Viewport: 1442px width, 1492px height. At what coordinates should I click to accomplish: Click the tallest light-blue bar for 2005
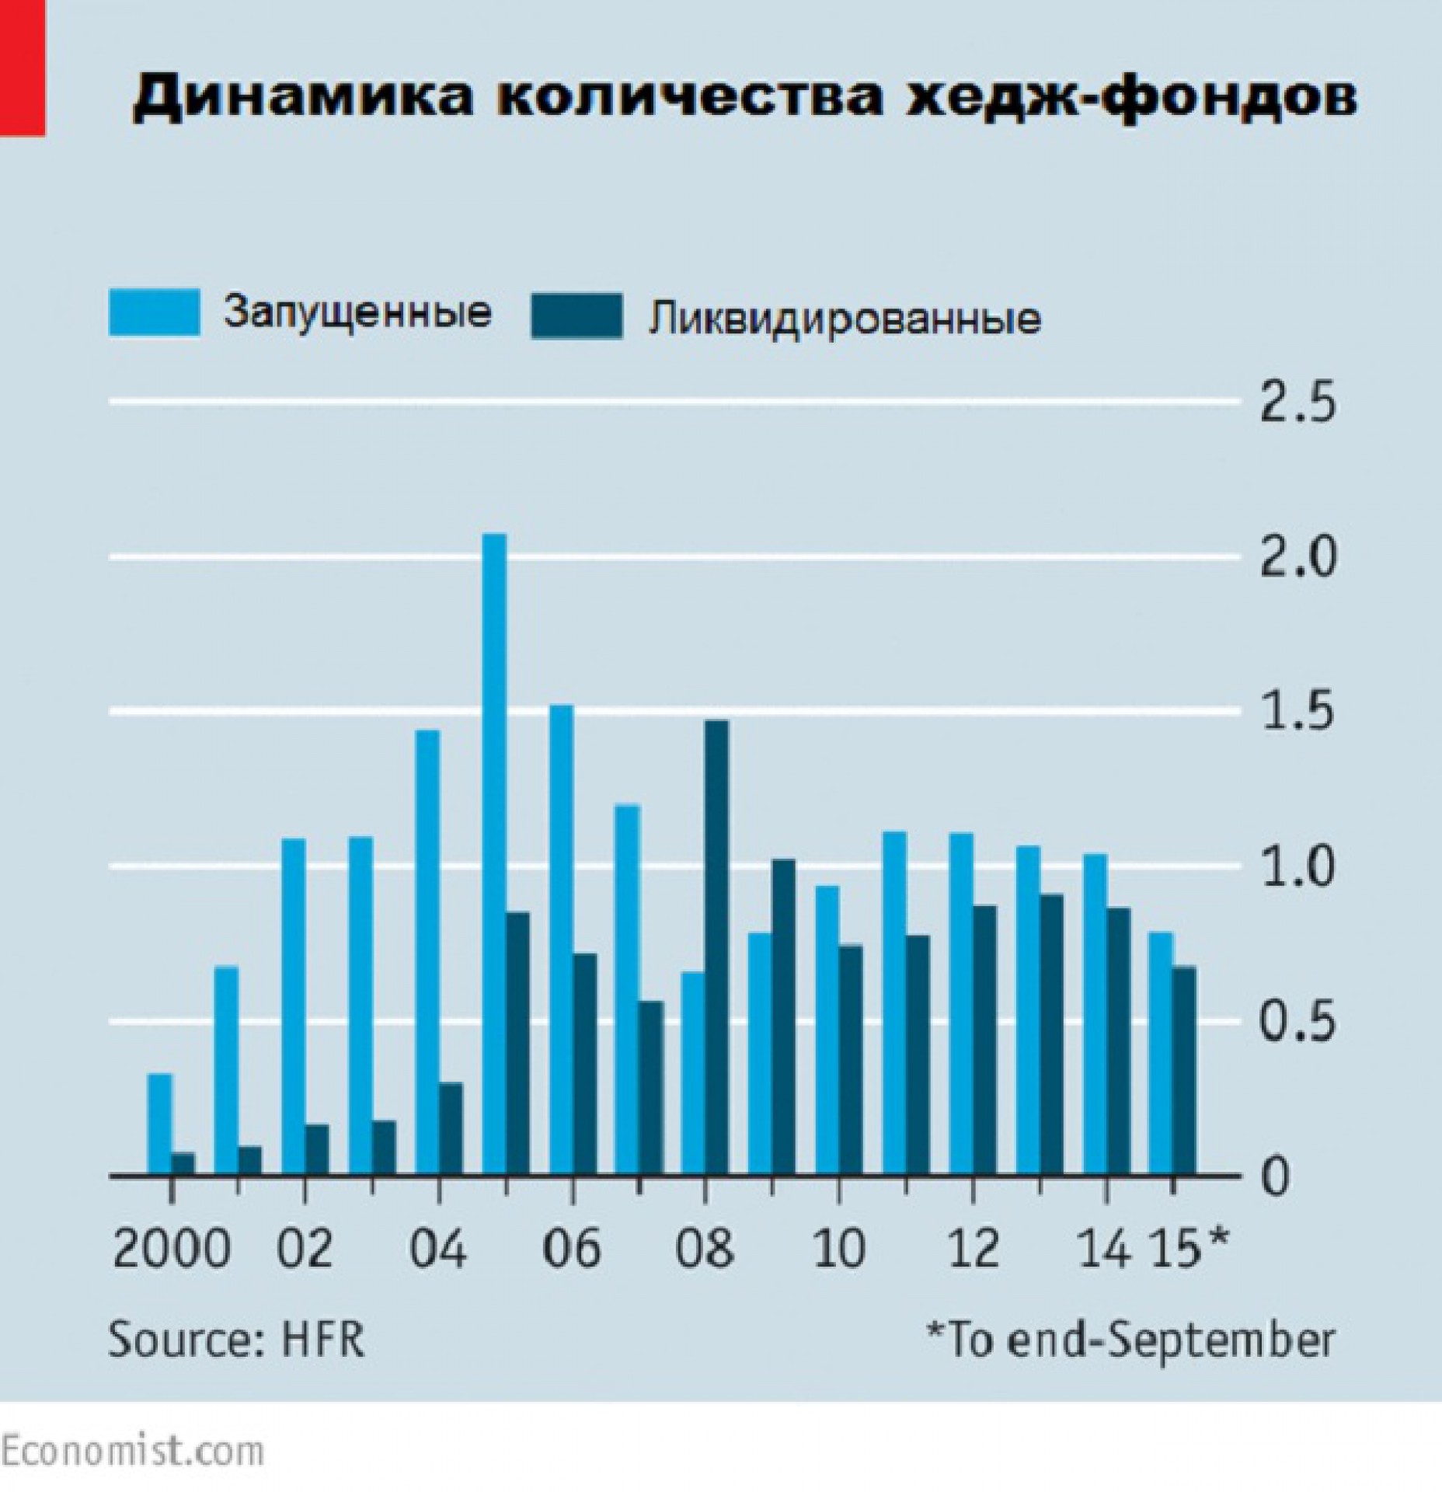pyautogui.click(x=494, y=855)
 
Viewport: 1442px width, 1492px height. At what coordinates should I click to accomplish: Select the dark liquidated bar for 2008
pyautogui.click(x=716, y=948)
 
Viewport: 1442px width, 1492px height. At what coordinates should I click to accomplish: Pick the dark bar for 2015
pyautogui.click(x=1184, y=1072)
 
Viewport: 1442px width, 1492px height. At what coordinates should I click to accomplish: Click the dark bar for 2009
pyautogui.click(x=783, y=1017)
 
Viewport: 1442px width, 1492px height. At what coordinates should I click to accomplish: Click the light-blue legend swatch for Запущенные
pyautogui.click(x=154, y=313)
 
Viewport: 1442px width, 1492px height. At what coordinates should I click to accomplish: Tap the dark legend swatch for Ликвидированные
pyautogui.click(x=576, y=316)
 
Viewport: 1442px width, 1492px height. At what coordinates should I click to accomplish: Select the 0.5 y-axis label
pyautogui.click(x=1297, y=1023)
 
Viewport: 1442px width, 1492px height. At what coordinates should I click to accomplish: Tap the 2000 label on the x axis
pyautogui.click(x=172, y=1249)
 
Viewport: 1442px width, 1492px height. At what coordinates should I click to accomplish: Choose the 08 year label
pyautogui.click(x=705, y=1249)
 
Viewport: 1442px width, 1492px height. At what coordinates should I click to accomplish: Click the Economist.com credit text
pyautogui.click(x=132, y=1450)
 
